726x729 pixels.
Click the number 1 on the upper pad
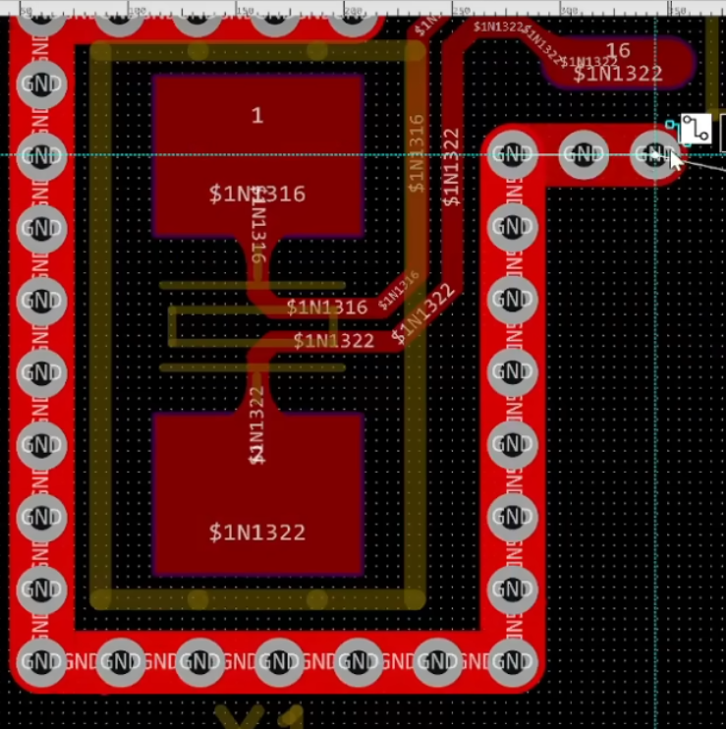pos(257,116)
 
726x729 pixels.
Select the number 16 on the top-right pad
pos(618,51)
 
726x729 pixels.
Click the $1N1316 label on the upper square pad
pos(257,194)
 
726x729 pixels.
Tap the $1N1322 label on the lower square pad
pos(257,532)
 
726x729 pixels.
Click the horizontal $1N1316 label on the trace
pos(327,308)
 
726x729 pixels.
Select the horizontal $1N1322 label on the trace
pos(334,341)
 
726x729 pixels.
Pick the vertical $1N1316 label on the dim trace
pos(417,153)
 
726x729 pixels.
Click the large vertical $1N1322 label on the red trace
pos(451,167)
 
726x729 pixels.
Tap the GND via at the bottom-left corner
pos(41,662)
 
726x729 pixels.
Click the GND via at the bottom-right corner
pos(511,662)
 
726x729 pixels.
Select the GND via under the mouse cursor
pos(655,154)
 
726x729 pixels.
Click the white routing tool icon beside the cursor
pos(696,129)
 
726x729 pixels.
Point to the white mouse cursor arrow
pos(676,160)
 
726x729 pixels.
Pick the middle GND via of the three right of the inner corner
pos(584,154)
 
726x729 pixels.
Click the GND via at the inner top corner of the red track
pos(511,154)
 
